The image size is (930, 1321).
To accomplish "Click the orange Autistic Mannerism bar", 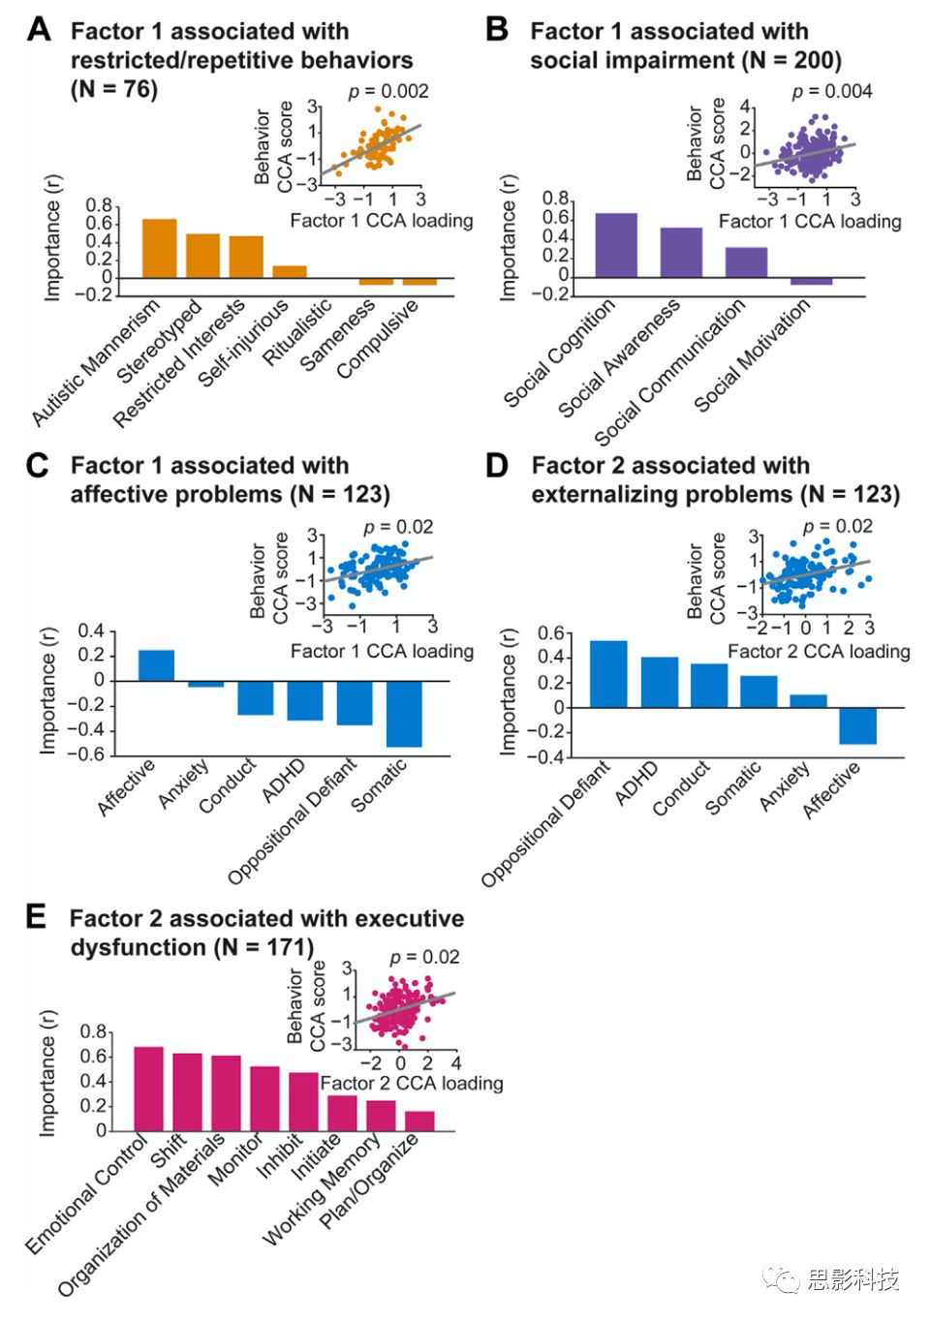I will [160, 249].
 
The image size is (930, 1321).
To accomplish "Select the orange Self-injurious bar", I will [290, 272].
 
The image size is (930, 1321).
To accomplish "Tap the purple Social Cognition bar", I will [616, 245].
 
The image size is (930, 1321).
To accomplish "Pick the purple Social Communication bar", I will [746, 262].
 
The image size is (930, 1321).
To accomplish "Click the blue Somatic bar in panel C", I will [404, 714].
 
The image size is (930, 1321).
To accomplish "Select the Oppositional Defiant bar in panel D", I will [608, 674].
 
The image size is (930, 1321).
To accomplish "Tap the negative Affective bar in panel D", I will [857, 725].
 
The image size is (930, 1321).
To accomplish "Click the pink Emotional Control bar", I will [148, 1089].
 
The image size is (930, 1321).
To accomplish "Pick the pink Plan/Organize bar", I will [419, 1121].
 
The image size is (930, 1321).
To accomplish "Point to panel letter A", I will [39, 30].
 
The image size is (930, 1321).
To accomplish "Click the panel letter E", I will [36, 916].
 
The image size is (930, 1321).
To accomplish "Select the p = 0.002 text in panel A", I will [388, 91].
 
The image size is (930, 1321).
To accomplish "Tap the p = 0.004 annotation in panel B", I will [832, 91].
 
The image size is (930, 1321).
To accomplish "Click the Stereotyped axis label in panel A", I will [161, 341].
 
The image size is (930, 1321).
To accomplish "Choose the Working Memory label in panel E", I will [322, 1192].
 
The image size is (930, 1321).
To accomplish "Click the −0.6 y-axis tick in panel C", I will [91, 754].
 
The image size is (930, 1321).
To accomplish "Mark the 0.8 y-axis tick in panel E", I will [93, 1031].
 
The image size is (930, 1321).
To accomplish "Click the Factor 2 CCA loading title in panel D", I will [819, 652].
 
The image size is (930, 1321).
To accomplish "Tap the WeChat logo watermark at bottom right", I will [781, 1279].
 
